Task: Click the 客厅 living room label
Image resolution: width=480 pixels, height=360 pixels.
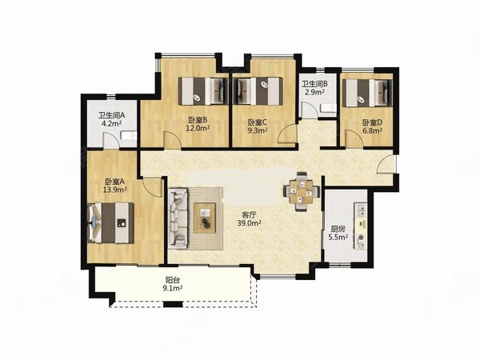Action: point(249,214)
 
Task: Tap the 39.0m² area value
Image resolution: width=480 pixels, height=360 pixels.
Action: point(249,223)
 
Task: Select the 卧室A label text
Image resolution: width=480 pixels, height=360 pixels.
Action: point(114,182)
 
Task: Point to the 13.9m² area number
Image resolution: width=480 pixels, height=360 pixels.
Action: point(114,190)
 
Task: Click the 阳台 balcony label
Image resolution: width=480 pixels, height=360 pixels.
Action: point(172,279)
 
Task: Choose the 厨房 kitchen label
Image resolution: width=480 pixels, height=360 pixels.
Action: point(338,229)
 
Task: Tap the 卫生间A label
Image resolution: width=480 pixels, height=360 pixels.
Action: point(111,115)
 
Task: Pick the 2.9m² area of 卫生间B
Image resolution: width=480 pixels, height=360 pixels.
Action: point(314,91)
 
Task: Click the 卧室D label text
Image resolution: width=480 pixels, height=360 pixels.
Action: point(372,122)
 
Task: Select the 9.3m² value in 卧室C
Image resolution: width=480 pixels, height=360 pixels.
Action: point(258,130)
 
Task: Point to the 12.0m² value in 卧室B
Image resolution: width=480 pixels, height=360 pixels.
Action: point(198,128)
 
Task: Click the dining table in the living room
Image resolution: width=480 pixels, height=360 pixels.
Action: point(302,192)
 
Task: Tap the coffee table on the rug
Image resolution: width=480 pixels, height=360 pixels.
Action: point(205,218)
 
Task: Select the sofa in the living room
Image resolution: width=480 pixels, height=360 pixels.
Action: point(178,218)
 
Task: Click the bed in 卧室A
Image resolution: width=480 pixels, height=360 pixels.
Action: point(111,223)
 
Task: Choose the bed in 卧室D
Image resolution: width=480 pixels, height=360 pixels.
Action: point(367,93)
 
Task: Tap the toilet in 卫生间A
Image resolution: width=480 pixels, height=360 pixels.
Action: point(129,135)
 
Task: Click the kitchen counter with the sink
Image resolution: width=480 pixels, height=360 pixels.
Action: point(361,226)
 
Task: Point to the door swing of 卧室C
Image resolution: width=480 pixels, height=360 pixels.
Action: point(286,134)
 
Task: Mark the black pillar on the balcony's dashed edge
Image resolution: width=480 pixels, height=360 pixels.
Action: point(173,304)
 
